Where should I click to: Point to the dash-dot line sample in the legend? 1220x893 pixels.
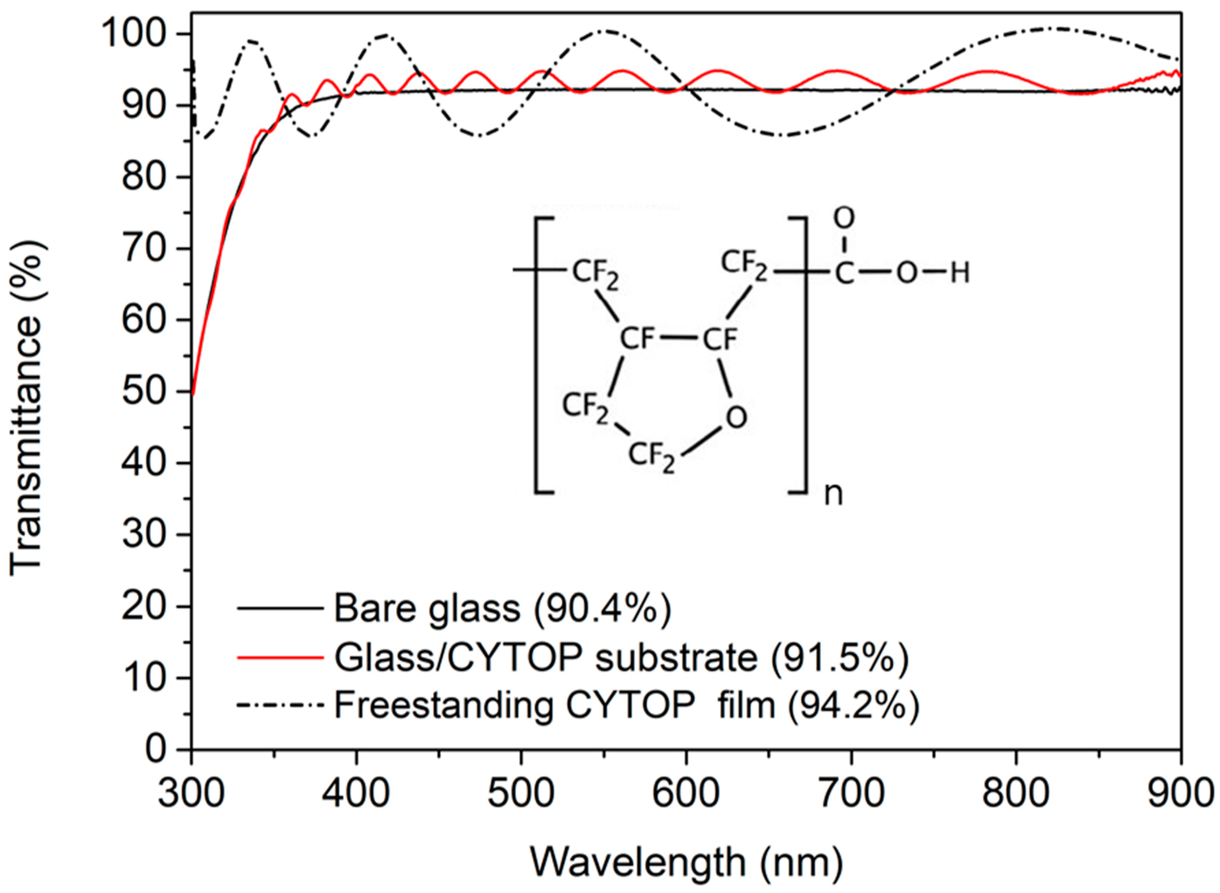(280, 705)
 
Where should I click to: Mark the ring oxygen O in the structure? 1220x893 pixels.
(736, 417)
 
